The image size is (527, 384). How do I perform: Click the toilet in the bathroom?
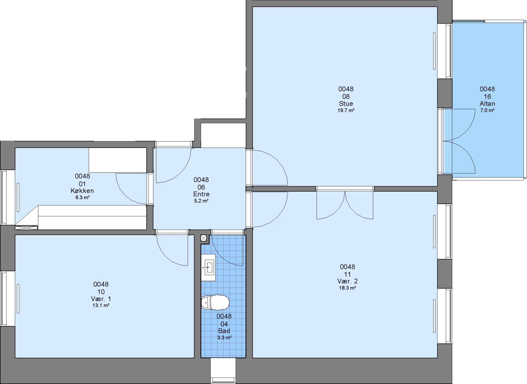215,303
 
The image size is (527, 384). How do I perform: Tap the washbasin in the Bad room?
208,267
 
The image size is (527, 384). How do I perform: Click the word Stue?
346,103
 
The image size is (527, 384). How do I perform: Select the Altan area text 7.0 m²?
487,110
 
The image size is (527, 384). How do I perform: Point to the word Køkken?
82,191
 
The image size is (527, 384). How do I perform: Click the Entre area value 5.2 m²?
201,201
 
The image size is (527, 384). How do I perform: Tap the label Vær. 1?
101,299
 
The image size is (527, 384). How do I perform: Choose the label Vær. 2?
348,281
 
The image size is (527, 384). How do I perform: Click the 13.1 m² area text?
101,305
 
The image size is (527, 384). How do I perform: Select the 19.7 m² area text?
346,110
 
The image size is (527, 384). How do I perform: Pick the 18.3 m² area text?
348,288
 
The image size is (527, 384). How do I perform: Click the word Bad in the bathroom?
224,331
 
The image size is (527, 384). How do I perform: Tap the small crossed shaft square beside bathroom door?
204,238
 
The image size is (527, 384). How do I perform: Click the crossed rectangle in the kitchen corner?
26,228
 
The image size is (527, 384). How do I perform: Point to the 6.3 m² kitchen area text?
82,198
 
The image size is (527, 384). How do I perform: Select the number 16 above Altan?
487,96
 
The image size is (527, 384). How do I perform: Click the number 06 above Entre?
201,187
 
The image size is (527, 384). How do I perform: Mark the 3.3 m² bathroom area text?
224,337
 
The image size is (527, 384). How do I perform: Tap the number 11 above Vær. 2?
348,274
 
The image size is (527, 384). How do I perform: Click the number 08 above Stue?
346,96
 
